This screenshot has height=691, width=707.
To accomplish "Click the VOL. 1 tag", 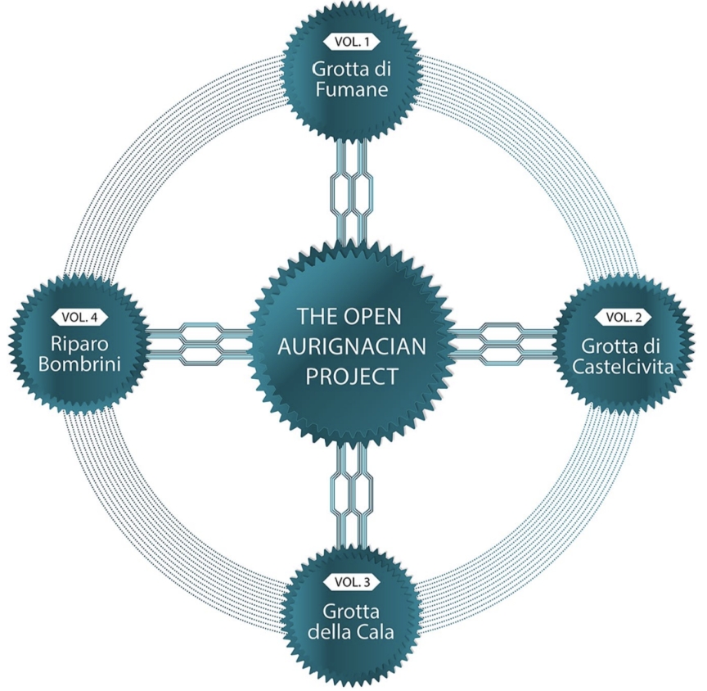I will point(351,40).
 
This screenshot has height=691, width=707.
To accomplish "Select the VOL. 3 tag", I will point(351,582).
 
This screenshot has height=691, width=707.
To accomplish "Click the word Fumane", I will point(351,88).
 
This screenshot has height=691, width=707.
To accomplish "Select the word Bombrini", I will point(78,364).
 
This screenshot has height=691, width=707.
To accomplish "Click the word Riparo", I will point(78,343).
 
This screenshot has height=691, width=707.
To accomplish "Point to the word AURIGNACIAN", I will point(351,346).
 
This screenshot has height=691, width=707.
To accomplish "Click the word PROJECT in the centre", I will point(351,376).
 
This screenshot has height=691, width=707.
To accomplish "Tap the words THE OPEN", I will point(351,316).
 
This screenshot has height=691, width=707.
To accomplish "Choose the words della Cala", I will point(351,632).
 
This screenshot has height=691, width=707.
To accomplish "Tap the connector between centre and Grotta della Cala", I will point(351,495).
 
